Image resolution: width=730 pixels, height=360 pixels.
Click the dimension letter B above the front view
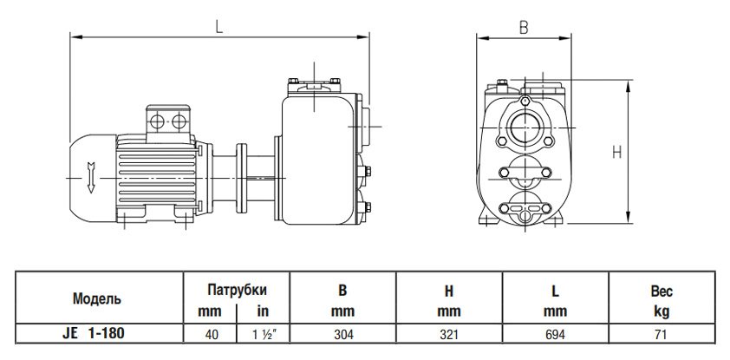[523, 27]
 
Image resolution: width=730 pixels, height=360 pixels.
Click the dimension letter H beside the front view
[616, 152]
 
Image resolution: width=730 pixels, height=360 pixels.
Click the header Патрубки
[235, 290]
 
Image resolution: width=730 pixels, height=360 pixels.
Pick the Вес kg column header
[662, 299]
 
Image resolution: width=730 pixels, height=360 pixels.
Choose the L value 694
[555, 331]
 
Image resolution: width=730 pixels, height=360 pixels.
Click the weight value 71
[662, 331]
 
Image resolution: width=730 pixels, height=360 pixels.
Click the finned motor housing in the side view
[160, 169]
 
